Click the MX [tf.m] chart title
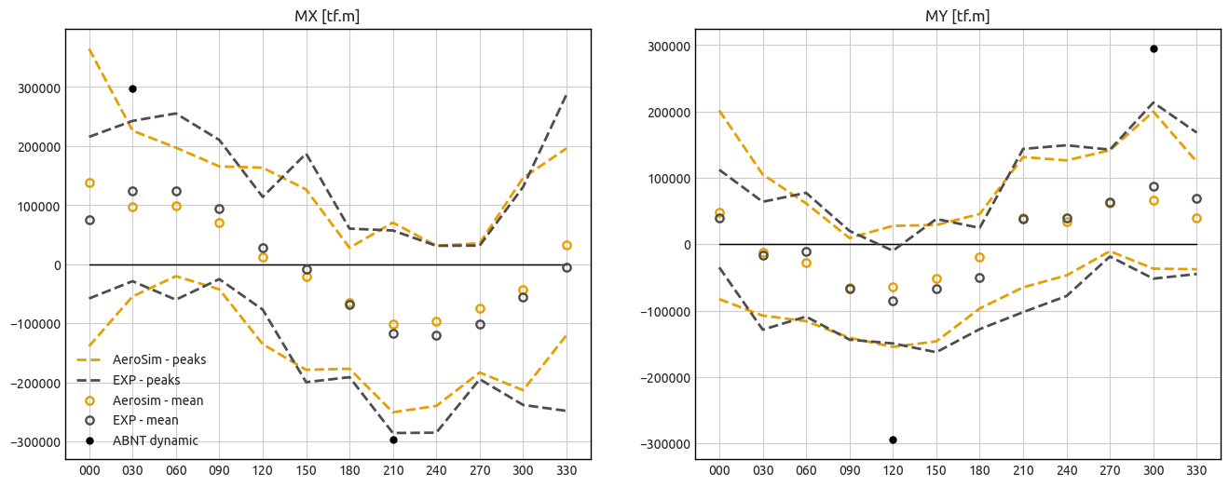point(328,16)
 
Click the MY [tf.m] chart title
point(957,16)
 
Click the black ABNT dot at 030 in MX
point(132,88)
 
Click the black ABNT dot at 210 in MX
point(393,440)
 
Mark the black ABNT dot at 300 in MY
point(1154,48)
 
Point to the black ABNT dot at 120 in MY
point(893,440)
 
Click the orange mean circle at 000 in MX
point(89,183)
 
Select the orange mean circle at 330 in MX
point(567,245)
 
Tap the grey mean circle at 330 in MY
point(1196,198)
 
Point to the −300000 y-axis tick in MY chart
point(664,444)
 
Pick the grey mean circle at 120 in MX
point(263,248)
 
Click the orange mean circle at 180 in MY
point(979,257)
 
